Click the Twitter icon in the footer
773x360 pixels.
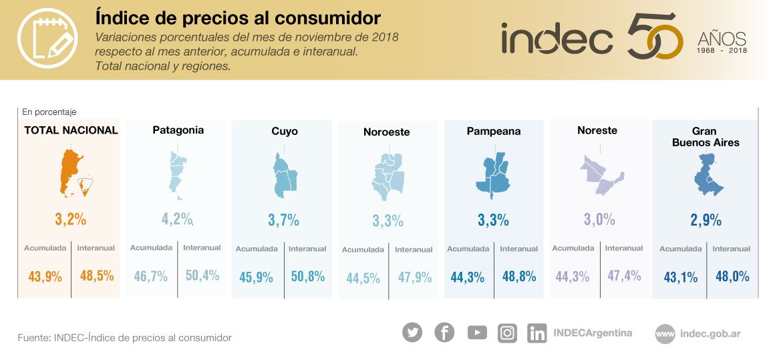412,332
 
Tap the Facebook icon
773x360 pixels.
444,332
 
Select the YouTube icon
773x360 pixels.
477,332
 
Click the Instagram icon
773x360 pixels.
508,333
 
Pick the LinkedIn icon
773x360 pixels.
536,333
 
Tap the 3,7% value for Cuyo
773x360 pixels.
283,220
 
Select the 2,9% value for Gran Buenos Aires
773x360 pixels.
706,220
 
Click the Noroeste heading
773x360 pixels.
387,132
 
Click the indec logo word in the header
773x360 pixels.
557,40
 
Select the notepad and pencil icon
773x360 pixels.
45,40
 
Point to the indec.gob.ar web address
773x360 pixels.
710,333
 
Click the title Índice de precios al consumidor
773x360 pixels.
238,17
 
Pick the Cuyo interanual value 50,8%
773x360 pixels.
307,276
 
